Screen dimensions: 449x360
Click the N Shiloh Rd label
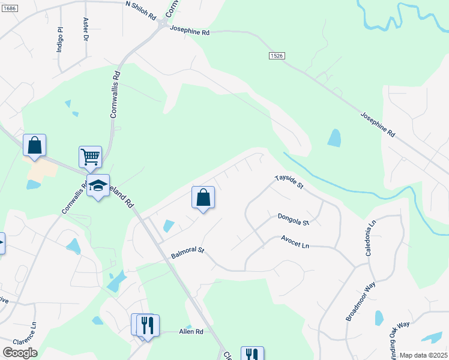coord(140,11)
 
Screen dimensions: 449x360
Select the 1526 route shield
coord(276,55)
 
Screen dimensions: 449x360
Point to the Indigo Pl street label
coord(59,40)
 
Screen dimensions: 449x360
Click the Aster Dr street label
coord(85,29)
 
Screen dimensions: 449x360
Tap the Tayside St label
coord(290,182)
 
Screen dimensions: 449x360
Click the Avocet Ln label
coord(295,242)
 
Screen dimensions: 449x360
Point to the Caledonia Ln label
coord(371,238)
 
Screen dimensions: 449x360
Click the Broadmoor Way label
coord(360,300)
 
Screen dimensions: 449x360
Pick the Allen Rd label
coord(191,332)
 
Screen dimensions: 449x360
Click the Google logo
coord(20,353)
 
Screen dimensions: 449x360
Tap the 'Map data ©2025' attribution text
coord(423,355)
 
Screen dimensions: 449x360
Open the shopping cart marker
coord(90,157)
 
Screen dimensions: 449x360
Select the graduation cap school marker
coord(98,186)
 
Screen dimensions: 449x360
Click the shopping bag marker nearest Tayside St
coord(203,197)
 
